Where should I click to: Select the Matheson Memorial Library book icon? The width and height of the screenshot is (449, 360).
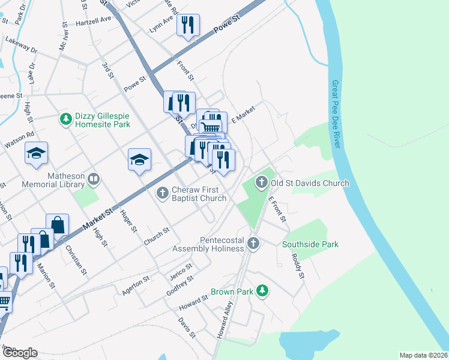click(x=93, y=179)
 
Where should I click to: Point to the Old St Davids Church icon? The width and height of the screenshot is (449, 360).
click(x=261, y=182)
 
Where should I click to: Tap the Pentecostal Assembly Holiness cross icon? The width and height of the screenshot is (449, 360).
click(x=253, y=244)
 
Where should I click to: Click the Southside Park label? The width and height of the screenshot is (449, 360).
click(x=310, y=244)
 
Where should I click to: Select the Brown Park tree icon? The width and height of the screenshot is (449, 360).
click(x=262, y=291)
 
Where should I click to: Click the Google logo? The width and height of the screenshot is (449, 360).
click(x=19, y=353)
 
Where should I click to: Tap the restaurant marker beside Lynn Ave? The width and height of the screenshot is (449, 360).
click(x=188, y=25)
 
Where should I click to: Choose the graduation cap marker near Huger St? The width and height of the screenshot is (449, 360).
click(x=139, y=159)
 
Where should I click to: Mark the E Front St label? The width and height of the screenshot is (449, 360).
click(x=277, y=209)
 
